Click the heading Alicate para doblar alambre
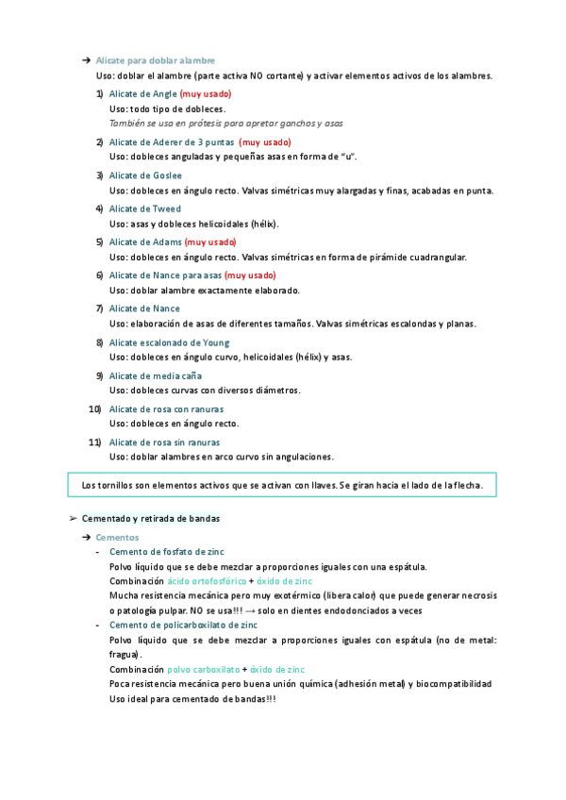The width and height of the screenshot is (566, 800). [156, 60]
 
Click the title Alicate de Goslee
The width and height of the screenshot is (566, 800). [145, 175]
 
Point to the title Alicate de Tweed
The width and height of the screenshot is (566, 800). [145, 208]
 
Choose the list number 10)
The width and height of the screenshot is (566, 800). [94, 408]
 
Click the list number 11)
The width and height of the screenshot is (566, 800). [94, 442]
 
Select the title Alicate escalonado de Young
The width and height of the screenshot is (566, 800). [169, 342]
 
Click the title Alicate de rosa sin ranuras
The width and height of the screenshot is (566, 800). [165, 442]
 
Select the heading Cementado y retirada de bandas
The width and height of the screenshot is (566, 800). [151, 518]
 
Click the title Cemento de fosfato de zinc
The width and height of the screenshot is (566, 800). [167, 551]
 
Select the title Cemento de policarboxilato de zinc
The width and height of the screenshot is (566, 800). [183, 625]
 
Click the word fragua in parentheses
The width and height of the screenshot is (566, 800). [124, 654]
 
